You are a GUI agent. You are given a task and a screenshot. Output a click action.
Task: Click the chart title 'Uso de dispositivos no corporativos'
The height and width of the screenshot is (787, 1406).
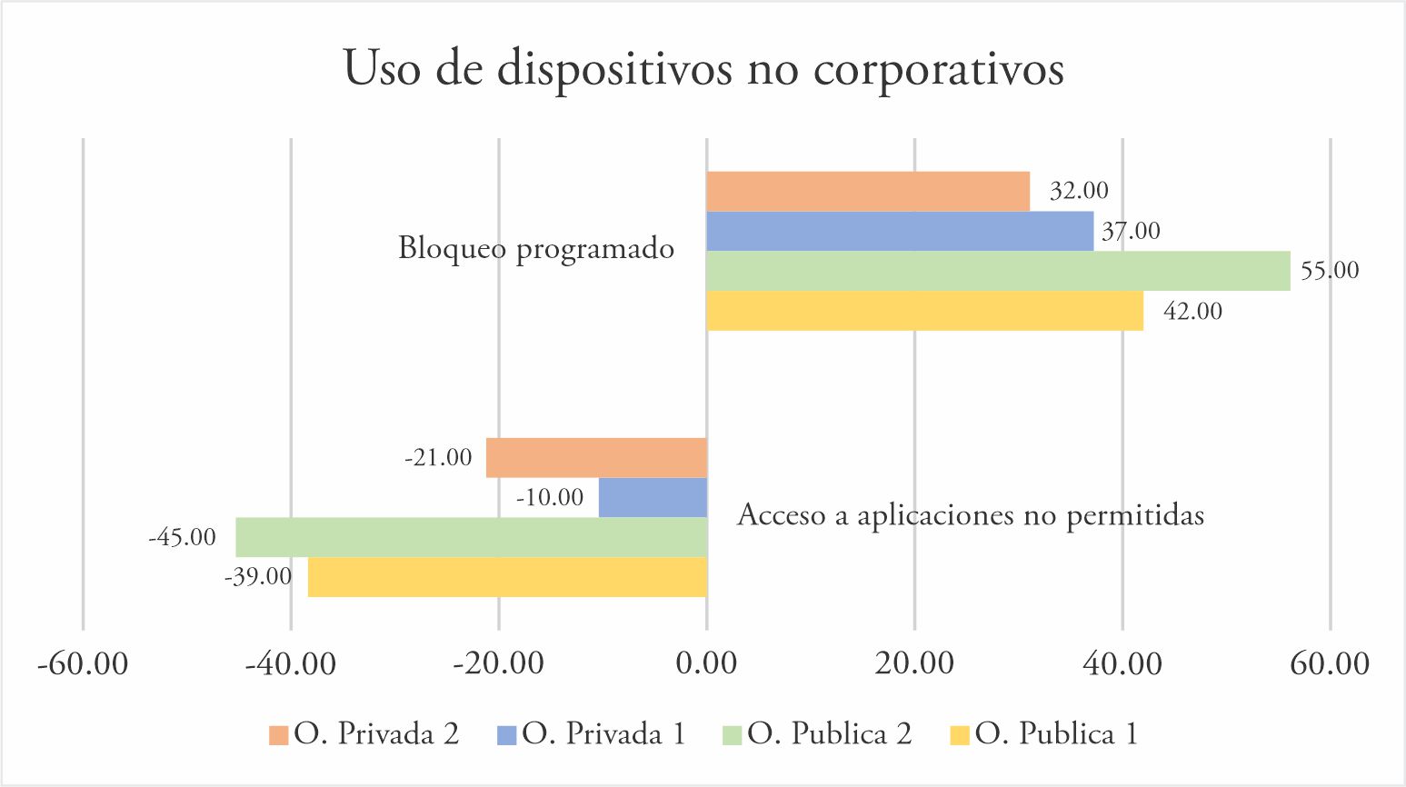[x=703, y=69]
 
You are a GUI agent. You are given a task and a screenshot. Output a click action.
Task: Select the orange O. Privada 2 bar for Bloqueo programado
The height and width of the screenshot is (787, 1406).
[x=868, y=191]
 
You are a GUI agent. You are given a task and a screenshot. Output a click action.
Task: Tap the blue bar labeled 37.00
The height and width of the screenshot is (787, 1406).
[x=900, y=231]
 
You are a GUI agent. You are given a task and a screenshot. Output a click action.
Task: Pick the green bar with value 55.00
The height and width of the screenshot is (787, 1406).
[x=998, y=271]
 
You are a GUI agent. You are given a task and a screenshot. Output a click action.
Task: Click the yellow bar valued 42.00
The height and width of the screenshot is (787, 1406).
[x=924, y=311]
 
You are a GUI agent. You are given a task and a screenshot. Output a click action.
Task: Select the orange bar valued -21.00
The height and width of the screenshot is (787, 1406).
[x=596, y=457]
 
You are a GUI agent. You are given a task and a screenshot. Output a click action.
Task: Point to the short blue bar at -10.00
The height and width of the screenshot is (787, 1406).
[x=653, y=497]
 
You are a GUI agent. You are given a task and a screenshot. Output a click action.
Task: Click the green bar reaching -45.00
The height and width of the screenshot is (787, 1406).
[x=471, y=537]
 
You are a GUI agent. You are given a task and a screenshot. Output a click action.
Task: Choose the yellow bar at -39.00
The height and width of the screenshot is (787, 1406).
[x=507, y=577]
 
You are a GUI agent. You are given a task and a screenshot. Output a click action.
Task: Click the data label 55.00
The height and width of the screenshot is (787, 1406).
[x=1330, y=271]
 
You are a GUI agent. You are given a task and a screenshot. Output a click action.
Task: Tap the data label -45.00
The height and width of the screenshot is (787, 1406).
[x=183, y=537]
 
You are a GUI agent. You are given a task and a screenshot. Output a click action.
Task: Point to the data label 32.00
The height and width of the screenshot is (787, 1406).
[x=1079, y=191]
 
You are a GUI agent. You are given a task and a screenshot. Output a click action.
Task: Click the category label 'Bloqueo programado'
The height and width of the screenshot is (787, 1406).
[x=536, y=248]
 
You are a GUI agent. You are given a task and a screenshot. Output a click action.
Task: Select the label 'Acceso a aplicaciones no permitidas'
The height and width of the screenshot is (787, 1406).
[x=970, y=515]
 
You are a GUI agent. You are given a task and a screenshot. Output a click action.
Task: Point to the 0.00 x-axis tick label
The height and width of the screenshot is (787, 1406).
[x=706, y=663]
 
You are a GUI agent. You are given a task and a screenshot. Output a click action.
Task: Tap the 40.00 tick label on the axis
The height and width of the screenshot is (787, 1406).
[x=1122, y=663]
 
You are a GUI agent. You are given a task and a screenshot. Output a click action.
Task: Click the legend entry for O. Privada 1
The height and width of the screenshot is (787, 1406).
[x=592, y=734]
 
